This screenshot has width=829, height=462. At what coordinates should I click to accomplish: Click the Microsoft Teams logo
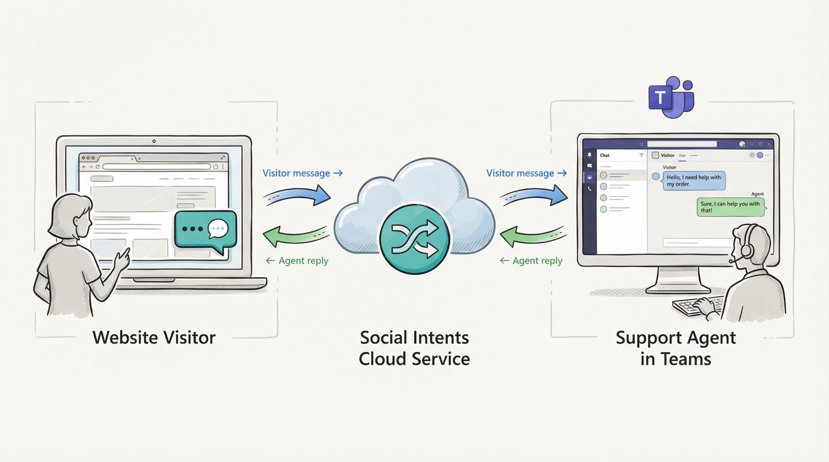pos(671,97)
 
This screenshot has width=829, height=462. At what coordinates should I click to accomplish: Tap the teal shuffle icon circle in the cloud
pos(414,239)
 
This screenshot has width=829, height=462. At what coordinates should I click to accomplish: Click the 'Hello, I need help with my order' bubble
pos(694,180)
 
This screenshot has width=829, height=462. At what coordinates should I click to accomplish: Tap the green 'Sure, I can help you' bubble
pos(730,207)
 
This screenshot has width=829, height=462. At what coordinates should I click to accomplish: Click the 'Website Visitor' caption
pos(154,337)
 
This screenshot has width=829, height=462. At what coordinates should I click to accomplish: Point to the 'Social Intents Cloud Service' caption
pos(414,348)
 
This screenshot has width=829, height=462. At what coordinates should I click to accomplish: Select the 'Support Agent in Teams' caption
pos(676,348)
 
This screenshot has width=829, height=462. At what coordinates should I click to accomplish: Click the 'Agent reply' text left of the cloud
pos(303,261)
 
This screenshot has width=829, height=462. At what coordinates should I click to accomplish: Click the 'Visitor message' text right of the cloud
pos(520,173)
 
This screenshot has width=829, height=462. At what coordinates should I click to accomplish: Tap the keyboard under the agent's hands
pos(690,307)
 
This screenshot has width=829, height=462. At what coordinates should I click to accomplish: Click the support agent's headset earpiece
pos(746,250)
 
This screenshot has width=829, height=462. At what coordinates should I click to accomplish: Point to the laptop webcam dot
pos(154,141)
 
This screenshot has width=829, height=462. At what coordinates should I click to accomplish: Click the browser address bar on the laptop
pos(157,167)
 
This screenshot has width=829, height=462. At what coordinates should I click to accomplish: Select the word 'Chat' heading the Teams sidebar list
pos(605,156)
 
